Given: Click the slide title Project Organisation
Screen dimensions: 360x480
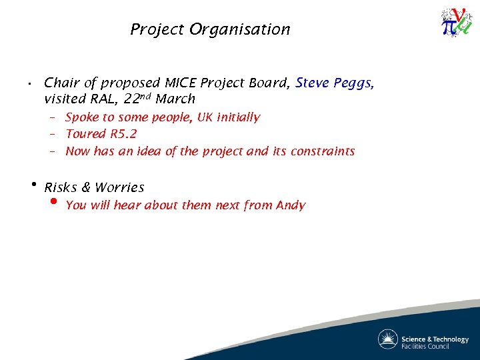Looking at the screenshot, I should click(x=210, y=29).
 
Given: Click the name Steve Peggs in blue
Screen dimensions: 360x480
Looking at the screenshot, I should click(x=335, y=83).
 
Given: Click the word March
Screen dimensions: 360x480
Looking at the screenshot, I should click(x=175, y=99).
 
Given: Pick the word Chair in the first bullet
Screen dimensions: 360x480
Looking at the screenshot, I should click(x=61, y=83).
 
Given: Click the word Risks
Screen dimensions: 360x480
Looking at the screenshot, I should click(x=61, y=187).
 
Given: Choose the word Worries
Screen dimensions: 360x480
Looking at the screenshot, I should click(x=119, y=187).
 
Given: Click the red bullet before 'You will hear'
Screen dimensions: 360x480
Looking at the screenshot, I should click(x=54, y=203).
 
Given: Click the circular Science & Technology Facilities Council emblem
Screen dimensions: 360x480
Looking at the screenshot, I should click(x=387, y=339).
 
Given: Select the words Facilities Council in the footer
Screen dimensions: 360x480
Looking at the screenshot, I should click(x=425, y=346).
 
